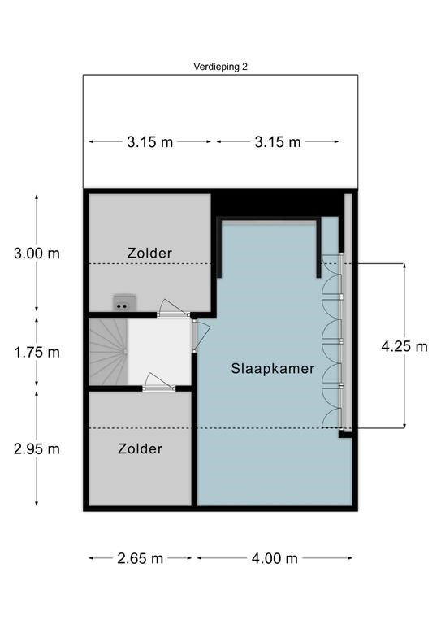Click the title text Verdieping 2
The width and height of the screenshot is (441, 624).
(220, 67)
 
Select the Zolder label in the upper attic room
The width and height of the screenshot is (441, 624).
(149, 253)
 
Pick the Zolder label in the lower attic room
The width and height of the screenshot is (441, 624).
(140, 448)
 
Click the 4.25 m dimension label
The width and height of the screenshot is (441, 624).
(404, 346)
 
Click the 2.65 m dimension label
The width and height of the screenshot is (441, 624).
(140, 558)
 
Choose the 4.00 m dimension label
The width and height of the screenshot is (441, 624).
(275, 558)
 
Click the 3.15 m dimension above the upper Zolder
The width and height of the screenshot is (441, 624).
(149, 141)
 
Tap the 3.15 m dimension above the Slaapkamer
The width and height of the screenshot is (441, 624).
(278, 141)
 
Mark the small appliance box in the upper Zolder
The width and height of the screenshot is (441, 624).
(123, 303)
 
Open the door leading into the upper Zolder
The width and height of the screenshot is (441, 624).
(171, 308)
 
